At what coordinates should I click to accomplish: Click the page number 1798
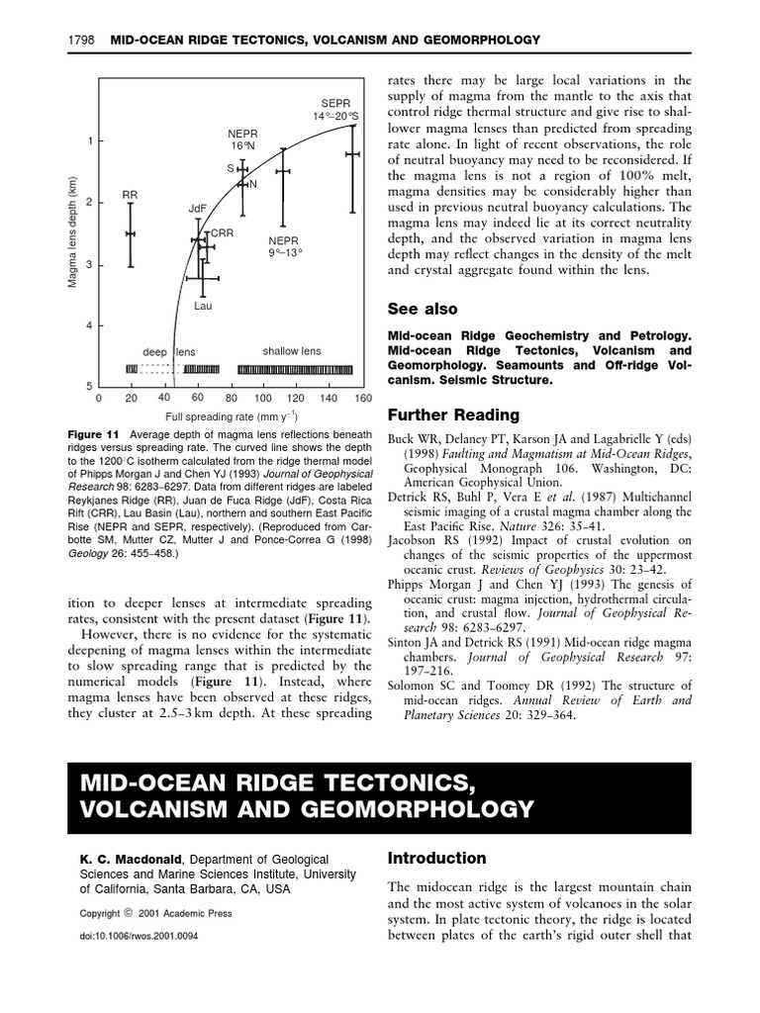pos(80,41)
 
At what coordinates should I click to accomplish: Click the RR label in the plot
pos(130,196)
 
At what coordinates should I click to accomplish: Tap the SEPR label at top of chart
pos(336,103)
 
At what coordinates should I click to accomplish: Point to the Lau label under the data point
pos(203,307)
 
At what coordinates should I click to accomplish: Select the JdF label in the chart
pos(197,209)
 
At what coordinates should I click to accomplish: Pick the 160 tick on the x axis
pos(362,398)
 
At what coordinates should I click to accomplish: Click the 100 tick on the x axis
pos(263,398)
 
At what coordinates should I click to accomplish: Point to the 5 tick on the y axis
pos(90,386)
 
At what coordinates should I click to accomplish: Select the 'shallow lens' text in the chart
pos(291,351)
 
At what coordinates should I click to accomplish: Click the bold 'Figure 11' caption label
pos(93,434)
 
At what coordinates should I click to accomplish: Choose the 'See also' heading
pos(423,310)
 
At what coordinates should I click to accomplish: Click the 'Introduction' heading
pos(436,858)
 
